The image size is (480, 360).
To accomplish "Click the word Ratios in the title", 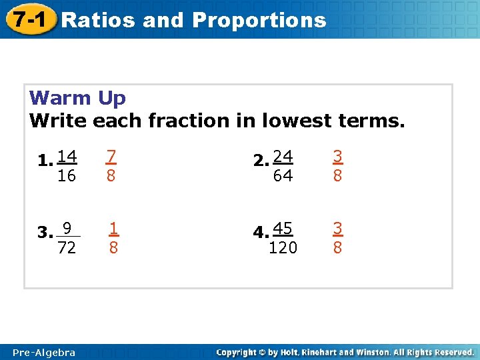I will click(x=99, y=20).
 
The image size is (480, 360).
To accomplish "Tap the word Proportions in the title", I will click(x=259, y=20).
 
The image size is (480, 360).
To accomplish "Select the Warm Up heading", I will click(x=77, y=98).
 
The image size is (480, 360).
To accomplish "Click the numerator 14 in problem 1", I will click(x=67, y=157).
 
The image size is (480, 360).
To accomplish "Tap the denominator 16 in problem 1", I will click(x=67, y=175).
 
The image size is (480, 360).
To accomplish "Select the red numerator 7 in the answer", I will click(x=111, y=156).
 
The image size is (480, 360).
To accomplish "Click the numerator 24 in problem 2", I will click(x=283, y=157).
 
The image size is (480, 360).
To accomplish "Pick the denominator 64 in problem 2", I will click(x=283, y=175).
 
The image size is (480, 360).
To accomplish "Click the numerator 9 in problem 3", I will click(x=67, y=229).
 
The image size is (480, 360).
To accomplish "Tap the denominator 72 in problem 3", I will click(x=67, y=248).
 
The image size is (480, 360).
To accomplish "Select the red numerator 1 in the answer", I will click(x=114, y=228).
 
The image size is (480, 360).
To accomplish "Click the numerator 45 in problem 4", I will click(x=283, y=229).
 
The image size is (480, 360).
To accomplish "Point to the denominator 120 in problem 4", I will click(x=283, y=248).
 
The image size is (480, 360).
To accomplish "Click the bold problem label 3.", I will click(x=45, y=233).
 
